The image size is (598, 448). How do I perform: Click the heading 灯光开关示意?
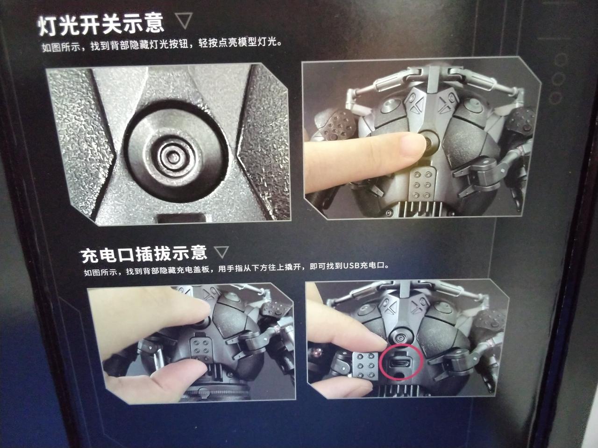click(x=101, y=25)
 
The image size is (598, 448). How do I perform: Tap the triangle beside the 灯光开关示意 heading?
click(x=184, y=21)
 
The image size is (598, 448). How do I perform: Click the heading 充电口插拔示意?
click(x=144, y=254)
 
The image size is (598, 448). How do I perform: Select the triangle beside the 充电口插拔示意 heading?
click(x=221, y=252)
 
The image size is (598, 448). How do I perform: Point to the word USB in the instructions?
click(x=351, y=265)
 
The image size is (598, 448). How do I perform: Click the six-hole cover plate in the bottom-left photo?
click(x=201, y=350)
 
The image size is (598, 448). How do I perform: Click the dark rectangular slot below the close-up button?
click(x=181, y=218)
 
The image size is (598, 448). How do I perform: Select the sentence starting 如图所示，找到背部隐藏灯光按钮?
click(x=161, y=44)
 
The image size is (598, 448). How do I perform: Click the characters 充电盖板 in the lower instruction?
click(x=193, y=270)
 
